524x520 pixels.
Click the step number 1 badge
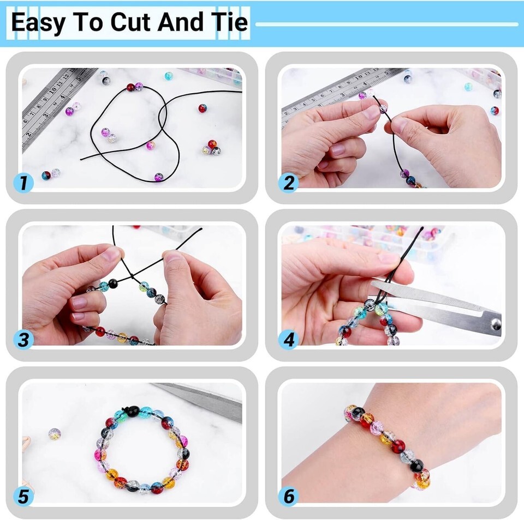click(23, 183)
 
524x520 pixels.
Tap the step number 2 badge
click(288, 183)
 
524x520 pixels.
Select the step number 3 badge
click(23, 340)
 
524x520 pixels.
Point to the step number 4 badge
click(288, 340)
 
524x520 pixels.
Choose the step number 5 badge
click(23, 497)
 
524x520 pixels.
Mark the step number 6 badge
click(288, 497)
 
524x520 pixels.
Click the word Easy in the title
click(38, 23)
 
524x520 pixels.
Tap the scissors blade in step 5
click(203, 400)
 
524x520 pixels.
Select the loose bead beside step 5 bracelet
click(55, 434)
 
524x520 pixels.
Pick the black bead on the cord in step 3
click(113, 283)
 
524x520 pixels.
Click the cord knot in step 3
click(132, 277)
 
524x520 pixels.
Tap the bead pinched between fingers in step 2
click(383, 108)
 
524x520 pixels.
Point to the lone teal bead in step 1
click(169, 76)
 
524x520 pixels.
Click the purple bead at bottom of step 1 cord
click(159, 177)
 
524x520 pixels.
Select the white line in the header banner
click(386, 24)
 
